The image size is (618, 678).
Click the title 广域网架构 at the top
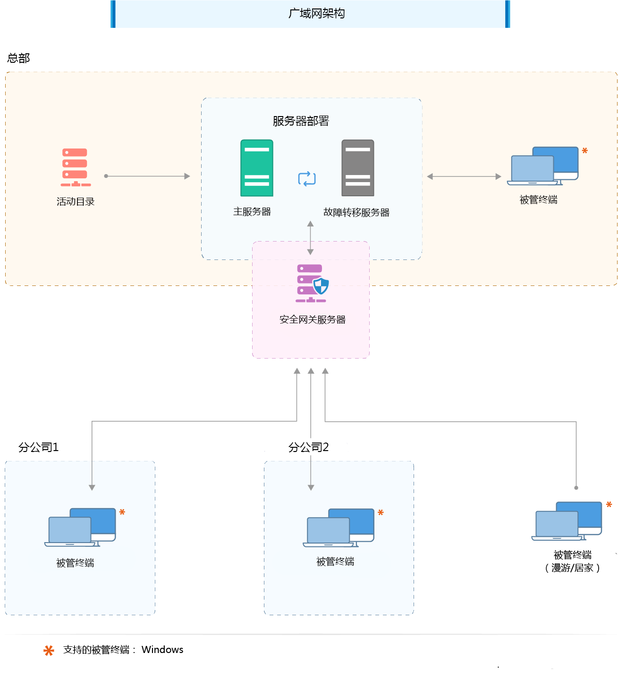[x=316, y=14]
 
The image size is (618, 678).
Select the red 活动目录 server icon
[x=75, y=167]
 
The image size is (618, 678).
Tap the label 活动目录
[x=76, y=201]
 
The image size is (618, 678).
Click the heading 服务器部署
[x=301, y=121]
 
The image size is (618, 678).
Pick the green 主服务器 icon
[x=257, y=168]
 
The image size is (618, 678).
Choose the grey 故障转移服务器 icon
[x=358, y=168]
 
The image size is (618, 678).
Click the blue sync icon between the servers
[x=307, y=179]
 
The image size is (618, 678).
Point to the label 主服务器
[x=252, y=212]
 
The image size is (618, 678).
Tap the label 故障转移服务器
[x=356, y=212]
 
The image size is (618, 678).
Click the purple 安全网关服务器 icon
[x=312, y=283]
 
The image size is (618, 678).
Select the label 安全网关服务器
[x=313, y=319]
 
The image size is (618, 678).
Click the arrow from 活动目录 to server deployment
[x=147, y=176]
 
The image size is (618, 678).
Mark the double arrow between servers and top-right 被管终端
[x=464, y=176]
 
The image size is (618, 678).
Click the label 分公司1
[x=38, y=447]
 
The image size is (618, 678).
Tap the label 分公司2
[x=308, y=447]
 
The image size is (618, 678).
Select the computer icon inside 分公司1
[x=81, y=527]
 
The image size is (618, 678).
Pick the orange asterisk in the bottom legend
[x=49, y=651]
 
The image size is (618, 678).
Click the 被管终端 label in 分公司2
[x=335, y=561]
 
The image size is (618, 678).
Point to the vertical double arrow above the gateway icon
[x=310, y=238]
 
